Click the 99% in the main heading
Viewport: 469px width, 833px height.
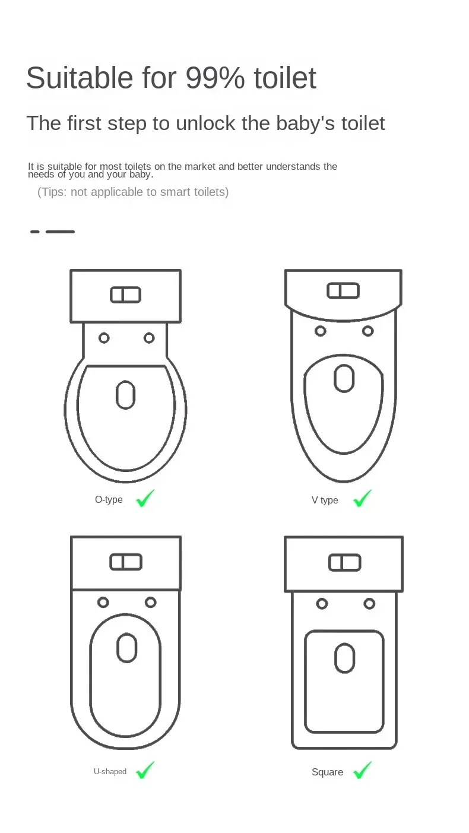215,78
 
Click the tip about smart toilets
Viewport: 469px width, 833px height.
133,192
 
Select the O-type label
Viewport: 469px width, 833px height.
109,500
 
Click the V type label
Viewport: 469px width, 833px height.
325,501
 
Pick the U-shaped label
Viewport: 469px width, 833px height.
110,772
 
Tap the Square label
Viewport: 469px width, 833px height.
327,772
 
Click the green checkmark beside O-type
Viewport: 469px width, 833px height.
145,498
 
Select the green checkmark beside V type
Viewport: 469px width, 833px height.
362,498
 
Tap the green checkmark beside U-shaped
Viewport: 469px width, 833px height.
145,770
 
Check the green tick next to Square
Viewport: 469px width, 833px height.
362,770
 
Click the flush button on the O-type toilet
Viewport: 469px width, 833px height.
125,294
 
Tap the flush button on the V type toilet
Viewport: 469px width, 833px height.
343,291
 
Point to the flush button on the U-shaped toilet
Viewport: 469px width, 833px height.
126,562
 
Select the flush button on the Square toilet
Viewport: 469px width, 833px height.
344,562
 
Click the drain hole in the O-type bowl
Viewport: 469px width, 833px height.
125,395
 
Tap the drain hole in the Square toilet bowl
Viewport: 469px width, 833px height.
344,658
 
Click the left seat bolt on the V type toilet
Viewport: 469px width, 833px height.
321,331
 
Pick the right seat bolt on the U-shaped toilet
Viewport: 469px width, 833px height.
151,602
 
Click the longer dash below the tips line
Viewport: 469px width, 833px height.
60,232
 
